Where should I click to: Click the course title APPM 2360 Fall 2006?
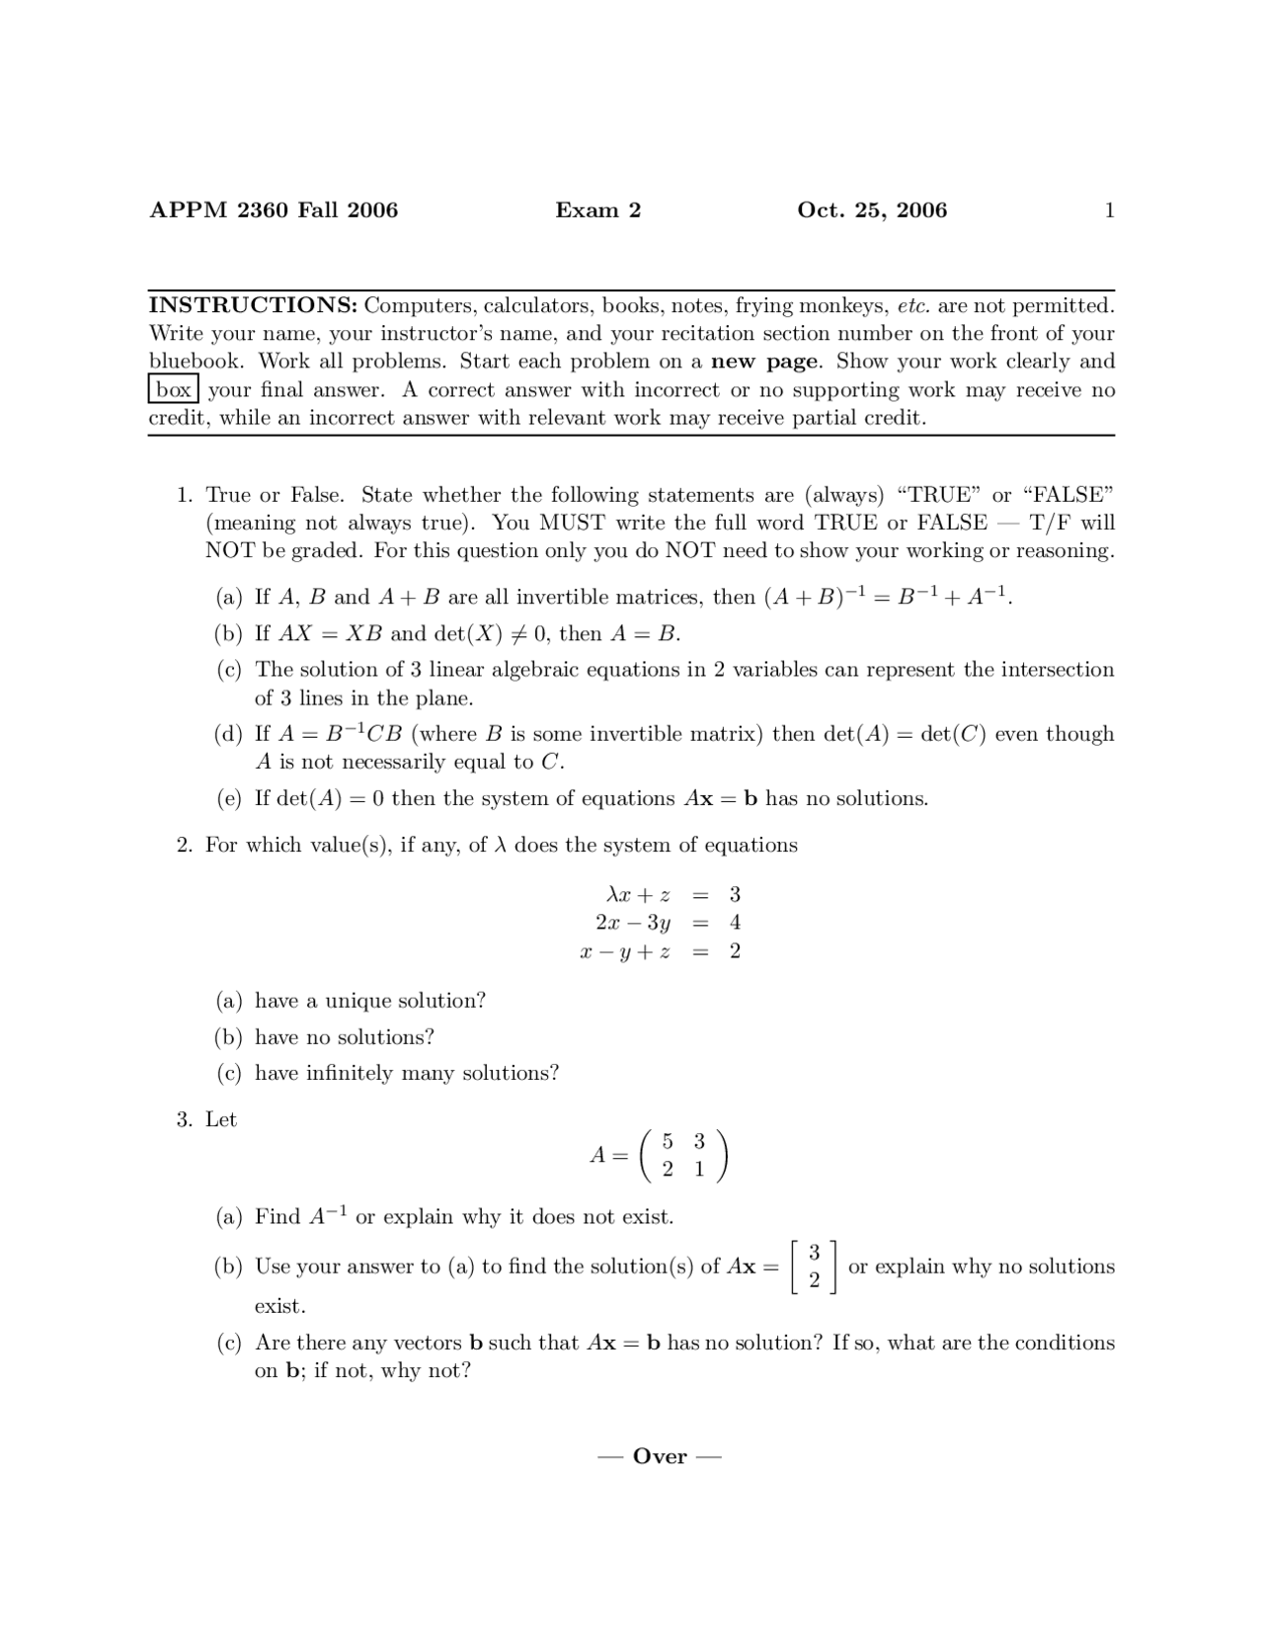click(x=274, y=210)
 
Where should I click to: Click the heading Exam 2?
click(x=597, y=210)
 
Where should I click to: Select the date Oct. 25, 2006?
click(x=871, y=210)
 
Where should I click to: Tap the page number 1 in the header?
click(x=1109, y=210)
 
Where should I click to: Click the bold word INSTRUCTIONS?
click(x=253, y=305)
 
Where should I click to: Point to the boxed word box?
click(x=174, y=390)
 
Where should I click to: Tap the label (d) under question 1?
click(x=229, y=734)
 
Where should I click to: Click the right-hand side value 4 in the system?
click(x=735, y=923)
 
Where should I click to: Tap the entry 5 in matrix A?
click(x=668, y=1142)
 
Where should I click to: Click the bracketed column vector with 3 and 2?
click(x=814, y=1267)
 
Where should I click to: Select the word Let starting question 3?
click(x=221, y=1119)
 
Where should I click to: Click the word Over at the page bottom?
click(x=660, y=1457)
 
